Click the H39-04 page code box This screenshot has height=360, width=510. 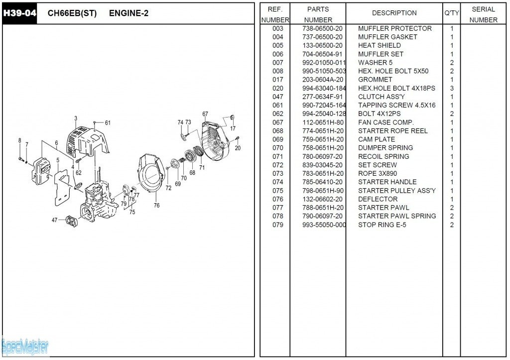20,13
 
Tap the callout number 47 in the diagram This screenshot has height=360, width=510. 54,220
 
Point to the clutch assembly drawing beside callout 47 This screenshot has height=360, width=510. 73,221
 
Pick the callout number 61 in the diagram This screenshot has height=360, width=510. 108,123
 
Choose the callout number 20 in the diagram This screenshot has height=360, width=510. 238,148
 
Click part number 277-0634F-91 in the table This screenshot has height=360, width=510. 322,97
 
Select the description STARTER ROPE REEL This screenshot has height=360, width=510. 392,131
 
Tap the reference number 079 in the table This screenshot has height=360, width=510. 277,225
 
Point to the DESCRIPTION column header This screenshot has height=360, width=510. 394,13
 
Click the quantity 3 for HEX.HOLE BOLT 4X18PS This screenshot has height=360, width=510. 452,88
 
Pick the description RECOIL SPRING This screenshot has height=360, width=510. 383,156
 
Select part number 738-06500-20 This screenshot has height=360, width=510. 322,28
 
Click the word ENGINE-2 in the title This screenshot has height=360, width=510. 128,13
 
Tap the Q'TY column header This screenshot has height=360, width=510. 452,13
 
